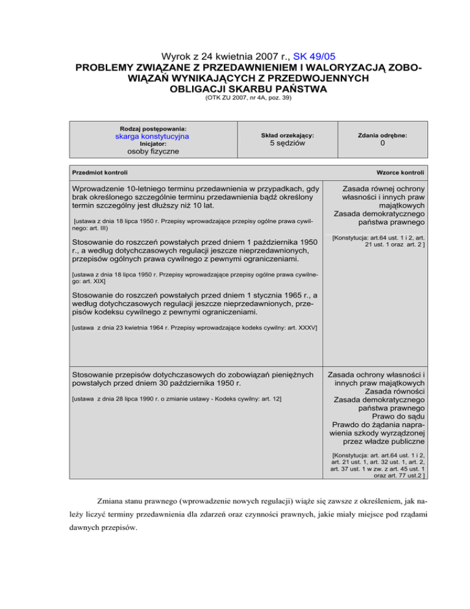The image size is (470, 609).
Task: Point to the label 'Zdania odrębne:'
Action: [x=381, y=135]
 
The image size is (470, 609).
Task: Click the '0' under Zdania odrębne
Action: [x=381, y=143]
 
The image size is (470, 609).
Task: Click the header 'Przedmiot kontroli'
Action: [x=100, y=173]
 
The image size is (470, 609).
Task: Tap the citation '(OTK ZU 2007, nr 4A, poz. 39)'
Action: [x=235, y=99]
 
